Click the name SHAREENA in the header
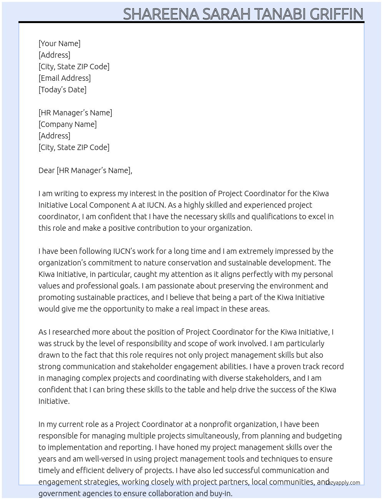pos(161,14)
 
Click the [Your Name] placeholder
pos(59,43)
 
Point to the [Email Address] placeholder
pos(65,78)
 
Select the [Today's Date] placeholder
pos(62,90)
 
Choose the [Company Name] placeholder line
pos(68,124)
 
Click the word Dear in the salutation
pos(47,170)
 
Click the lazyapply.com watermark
pos(343,483)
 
